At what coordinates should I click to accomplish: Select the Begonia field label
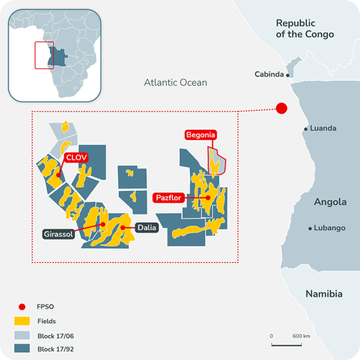pos(200,135)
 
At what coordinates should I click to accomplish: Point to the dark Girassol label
pos(59,234)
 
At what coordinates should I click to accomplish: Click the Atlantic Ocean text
pos(176,83)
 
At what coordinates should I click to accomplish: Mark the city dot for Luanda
pos(306,128)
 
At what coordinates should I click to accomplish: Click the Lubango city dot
pos(310,228)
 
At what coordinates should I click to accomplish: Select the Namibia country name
pos(323,294)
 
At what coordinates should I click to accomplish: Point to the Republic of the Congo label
pos(305,29)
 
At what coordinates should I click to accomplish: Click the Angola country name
pos(330,202)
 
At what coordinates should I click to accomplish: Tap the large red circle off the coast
pos(281,108)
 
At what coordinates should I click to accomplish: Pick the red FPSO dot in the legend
pos(22,307)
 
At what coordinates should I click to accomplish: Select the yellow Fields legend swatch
pos(22,321)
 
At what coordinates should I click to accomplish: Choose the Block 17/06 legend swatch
pos(22,335)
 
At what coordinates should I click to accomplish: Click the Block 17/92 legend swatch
pos(22,348)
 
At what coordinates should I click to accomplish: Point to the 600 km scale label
pos(301,336)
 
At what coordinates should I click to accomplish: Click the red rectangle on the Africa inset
pos(43,55)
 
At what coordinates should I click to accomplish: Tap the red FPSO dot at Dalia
pos(122,228)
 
